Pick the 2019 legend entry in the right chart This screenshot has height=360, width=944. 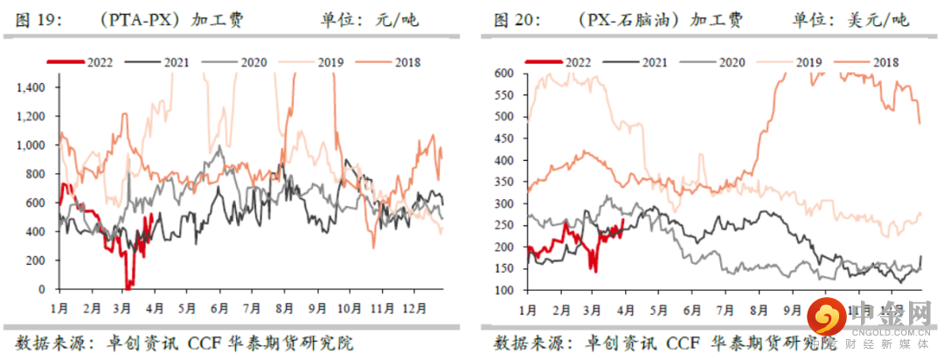(809, 62)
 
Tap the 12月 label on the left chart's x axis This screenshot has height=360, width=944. (415, 308)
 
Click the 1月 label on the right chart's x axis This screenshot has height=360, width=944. (528, 309)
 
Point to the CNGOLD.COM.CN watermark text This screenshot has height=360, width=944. (885, 331)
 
